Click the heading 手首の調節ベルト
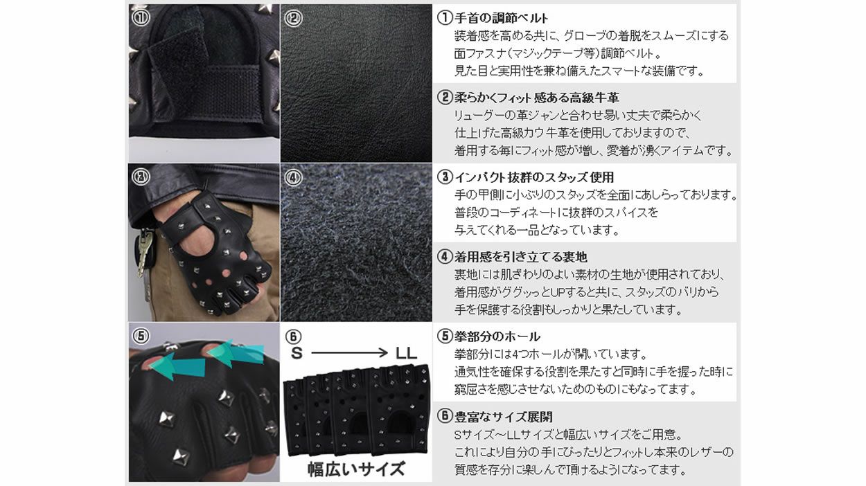tap(501, 18)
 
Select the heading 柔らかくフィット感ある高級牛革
tap(537, 98)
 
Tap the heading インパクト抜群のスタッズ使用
tap(534, 177)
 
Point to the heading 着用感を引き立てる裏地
tap(521, 257)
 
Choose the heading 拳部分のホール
tap(497, 336)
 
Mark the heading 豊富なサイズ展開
tap(504, 417)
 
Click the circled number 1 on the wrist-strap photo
tap(140, 17)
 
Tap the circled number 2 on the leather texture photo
tap(294, 18)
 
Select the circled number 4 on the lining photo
tap(294, 178)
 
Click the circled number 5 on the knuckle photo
tap(141, 336)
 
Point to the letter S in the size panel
tap(297, 352)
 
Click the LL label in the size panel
tap(406, 352)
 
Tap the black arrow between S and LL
tap(349, 352)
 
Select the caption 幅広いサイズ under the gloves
tap(356, 469)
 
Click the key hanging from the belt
tap(144, 253)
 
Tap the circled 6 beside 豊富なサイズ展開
tap(445, 417)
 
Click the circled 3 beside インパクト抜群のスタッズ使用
tap(445, 177)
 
